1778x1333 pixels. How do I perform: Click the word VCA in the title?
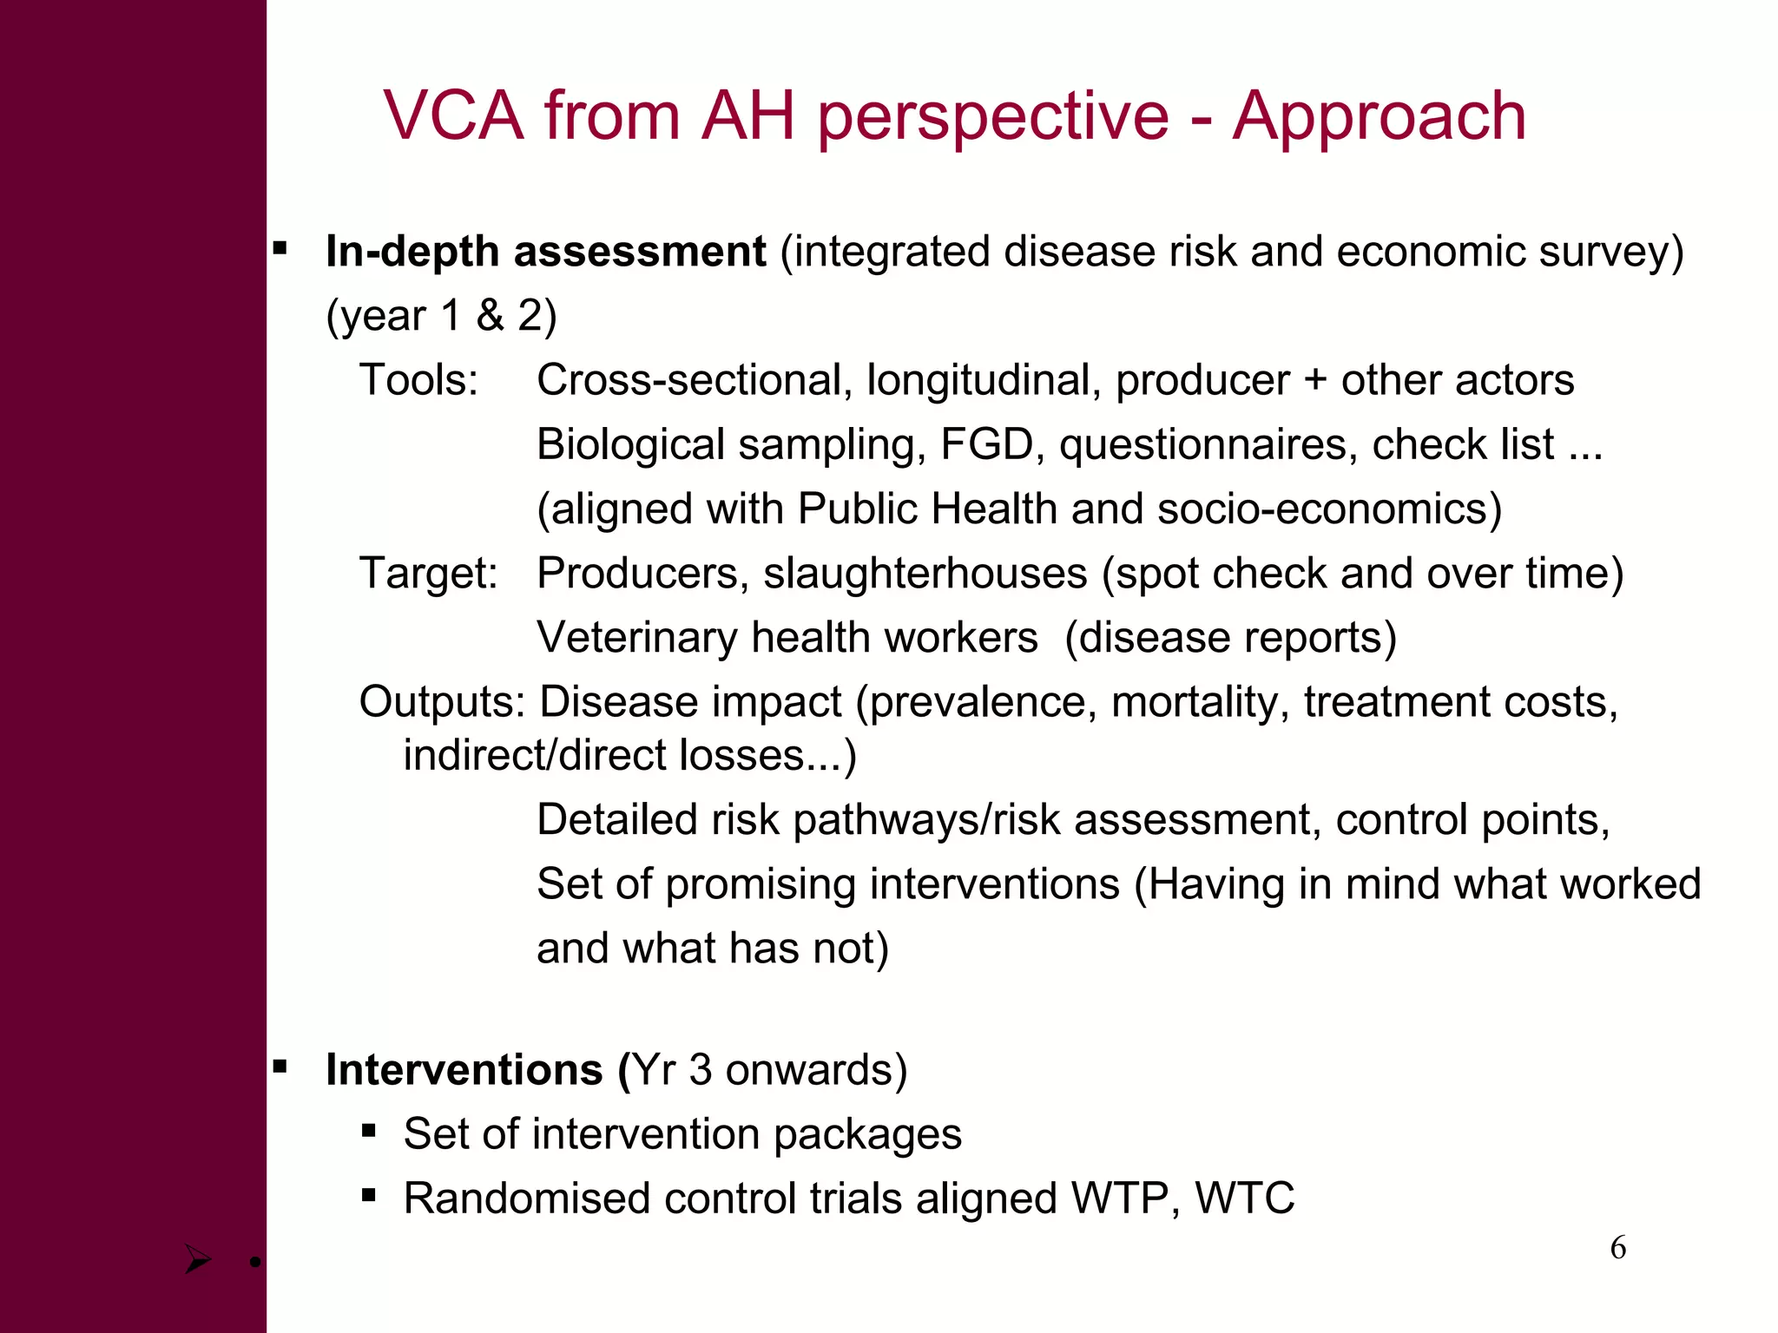tap(454, 115)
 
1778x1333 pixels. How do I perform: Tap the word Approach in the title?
tap(1379, 117)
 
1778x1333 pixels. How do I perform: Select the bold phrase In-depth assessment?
tap(545, 252)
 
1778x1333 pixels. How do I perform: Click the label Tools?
tap(418, 380)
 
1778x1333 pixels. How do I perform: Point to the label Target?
tap(428, 573)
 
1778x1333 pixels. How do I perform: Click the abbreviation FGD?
tap(986, 444)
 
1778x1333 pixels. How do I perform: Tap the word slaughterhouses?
tap(925, 573)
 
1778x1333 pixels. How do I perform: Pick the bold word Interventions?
tap(464, 1069)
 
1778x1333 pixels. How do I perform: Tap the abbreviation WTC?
tap(1244, 1198)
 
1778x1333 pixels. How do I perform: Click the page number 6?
tap(1617, 1248)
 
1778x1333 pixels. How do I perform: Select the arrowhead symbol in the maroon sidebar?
tap(198, 1258)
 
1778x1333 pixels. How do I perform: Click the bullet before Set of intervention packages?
tap(369, 1131)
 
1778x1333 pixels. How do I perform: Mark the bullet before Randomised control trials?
tap(369, 1196)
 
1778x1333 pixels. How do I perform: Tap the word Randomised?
tap(526, 1198)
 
